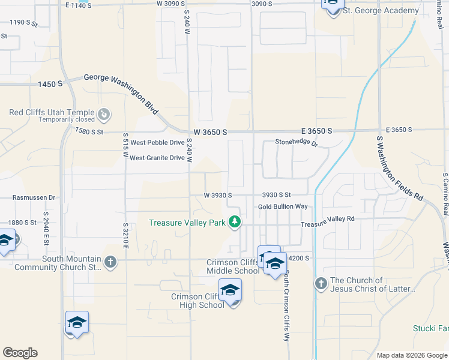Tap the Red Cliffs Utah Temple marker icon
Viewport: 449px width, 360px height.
[104, 113]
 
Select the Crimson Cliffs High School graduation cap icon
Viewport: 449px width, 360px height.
[230, 290]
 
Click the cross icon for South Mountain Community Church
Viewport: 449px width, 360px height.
[110, 262]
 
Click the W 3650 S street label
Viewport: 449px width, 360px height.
[209, 131]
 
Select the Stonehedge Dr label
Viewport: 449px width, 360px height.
[296, 143]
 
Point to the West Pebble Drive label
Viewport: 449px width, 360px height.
[157, 143]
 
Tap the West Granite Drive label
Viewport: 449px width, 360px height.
[157, 158]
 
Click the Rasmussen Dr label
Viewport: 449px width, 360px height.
[34, 197]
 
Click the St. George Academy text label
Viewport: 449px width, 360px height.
[380, 11]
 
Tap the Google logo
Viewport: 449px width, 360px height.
[20, 353]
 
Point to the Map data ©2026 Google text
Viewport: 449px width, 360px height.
[411, 355]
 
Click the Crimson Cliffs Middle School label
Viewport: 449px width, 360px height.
[233, 266]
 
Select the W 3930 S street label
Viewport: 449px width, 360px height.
[217, 195]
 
